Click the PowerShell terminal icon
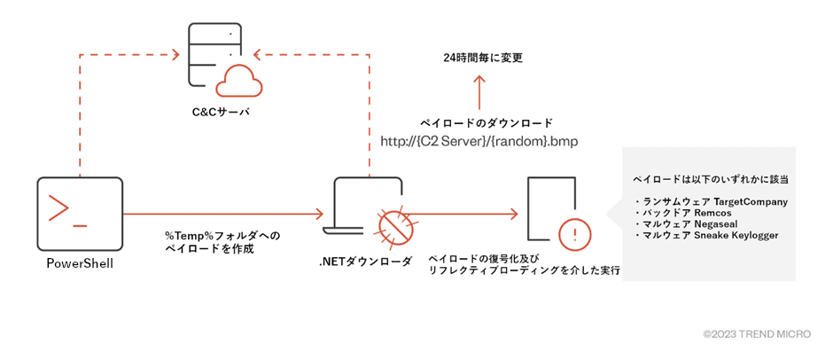pos(80,213)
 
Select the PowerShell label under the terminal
pos(80,263)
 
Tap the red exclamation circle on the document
pos(575,234)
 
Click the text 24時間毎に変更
pos(483,58)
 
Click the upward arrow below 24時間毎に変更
pos(479,90)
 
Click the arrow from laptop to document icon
pos(465,214)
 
